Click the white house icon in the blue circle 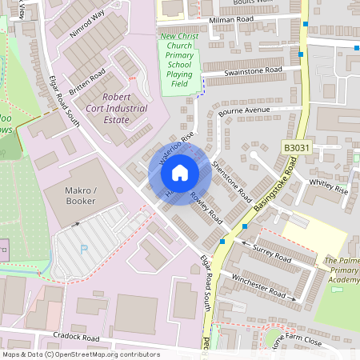180,172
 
